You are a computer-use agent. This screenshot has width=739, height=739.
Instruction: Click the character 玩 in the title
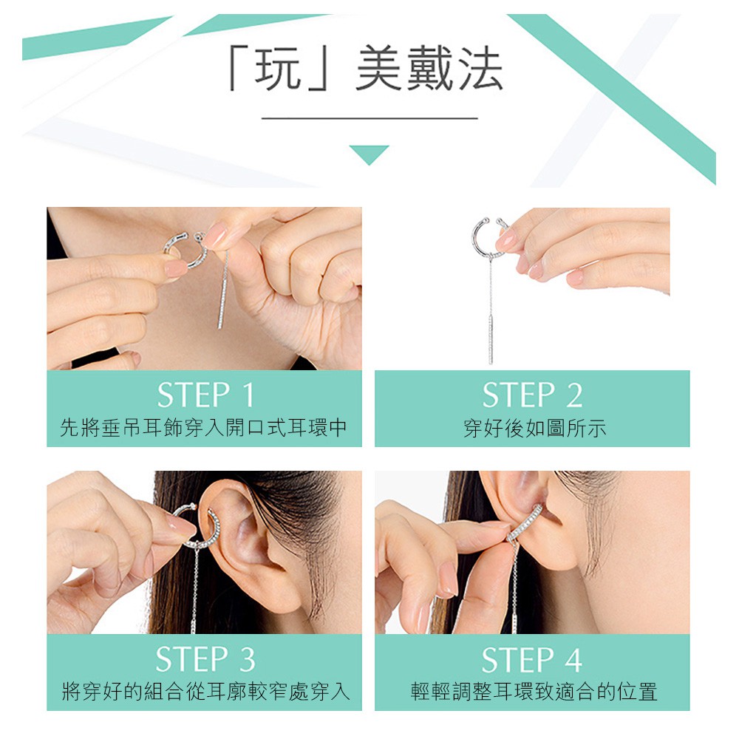(278, 68)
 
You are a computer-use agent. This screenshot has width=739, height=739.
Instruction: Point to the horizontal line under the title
(369, 118)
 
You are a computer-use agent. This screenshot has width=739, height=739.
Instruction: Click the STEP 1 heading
(205, 395)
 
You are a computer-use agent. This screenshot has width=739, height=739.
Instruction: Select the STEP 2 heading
(532, 395)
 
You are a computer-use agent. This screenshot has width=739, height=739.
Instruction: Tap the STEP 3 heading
(205, 658)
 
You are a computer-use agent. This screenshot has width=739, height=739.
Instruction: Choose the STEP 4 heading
(531, 659)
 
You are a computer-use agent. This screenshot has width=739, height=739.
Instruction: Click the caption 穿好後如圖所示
(534, 428)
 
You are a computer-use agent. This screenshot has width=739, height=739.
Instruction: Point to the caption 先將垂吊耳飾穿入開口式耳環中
(204, 427)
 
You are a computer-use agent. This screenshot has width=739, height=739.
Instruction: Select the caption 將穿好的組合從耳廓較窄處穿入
(205, 692)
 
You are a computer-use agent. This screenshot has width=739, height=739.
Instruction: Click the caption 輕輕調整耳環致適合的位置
(534, 692)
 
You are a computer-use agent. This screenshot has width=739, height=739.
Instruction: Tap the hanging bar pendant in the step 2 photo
(491, 339)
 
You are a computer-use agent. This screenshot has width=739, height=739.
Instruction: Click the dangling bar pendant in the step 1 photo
(222, 302)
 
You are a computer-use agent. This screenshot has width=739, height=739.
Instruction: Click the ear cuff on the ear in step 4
(525, 524)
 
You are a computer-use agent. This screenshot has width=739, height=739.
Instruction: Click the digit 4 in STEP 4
(573, 659)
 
